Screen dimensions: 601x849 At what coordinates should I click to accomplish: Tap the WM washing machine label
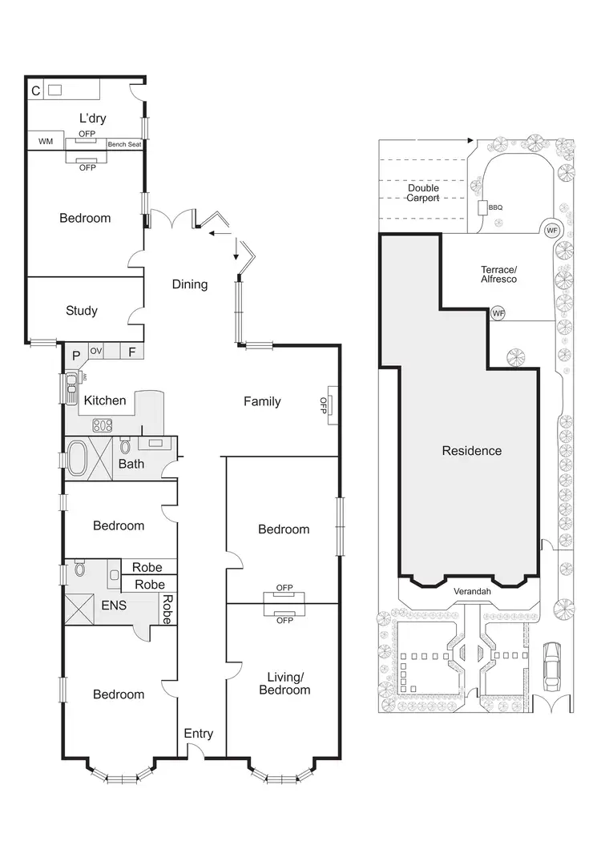[x=46, y=142]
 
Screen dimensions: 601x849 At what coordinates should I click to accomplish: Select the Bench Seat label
[x=124, y=145]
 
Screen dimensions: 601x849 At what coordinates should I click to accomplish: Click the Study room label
[x=81, y=311]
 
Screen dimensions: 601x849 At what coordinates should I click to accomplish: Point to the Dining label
[x=189, y=284]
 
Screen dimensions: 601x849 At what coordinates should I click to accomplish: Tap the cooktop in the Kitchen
[x=103, y=424]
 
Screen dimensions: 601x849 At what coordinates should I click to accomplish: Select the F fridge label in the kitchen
[x=131, y=352]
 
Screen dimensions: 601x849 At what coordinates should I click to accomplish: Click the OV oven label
[x=96, y=351]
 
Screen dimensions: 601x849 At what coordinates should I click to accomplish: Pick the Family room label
[x=262, y=401]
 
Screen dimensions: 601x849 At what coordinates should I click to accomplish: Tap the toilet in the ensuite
[x=79, y=569]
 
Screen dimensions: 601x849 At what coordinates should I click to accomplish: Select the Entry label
[x=199, y=733]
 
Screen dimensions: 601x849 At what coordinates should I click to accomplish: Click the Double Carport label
[x=423, y=193]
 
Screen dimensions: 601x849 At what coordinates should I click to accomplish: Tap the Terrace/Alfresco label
[x=499, y=274]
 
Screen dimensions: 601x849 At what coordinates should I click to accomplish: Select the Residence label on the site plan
[x=472, y=451]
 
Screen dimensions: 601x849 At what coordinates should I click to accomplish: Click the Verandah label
[x=471, y=591]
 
